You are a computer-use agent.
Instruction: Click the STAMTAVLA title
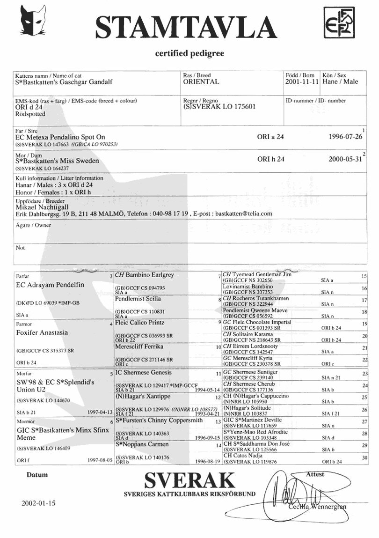[x=186, y=27]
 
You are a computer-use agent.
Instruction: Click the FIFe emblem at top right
[x=339, y=23]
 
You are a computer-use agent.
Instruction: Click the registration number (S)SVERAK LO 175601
[x=219, y=107]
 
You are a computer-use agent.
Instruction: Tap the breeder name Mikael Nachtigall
[x=46, y=206]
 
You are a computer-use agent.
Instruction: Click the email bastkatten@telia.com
[x=243, y=214]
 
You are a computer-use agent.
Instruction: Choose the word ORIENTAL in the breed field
[x=201, y=81]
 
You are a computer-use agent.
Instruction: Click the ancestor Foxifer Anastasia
[x=42, y=332]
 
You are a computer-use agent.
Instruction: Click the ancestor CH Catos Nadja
[x=242, y=456]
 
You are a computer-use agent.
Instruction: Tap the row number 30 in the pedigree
[x=364, y=458]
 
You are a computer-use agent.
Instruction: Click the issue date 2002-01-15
[x=38, y=503]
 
